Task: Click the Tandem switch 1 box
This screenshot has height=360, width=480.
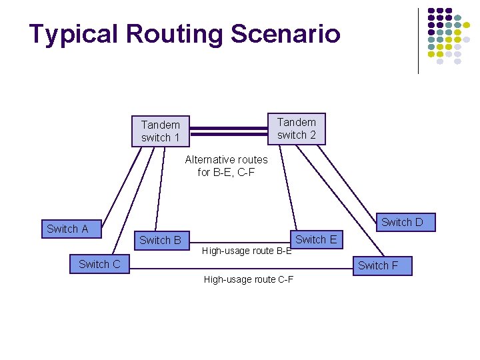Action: coord(160,131)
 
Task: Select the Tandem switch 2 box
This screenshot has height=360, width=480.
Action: coord(296,128)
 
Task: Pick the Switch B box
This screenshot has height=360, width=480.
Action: coord(160,240)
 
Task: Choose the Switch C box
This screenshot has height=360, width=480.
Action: coord(99,264)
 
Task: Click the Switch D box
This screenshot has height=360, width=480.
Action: coord(401,222)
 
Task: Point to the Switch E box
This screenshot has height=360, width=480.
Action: coord(316,239)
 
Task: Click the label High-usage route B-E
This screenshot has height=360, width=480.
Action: coord(247,251)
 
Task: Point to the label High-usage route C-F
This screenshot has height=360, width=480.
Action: coord(249,279)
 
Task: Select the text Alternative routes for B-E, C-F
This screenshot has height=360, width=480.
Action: coord(226,165)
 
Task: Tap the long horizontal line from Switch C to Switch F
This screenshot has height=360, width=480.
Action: coord(240,269)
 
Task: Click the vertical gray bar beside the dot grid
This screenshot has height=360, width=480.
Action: coord(418,40)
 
